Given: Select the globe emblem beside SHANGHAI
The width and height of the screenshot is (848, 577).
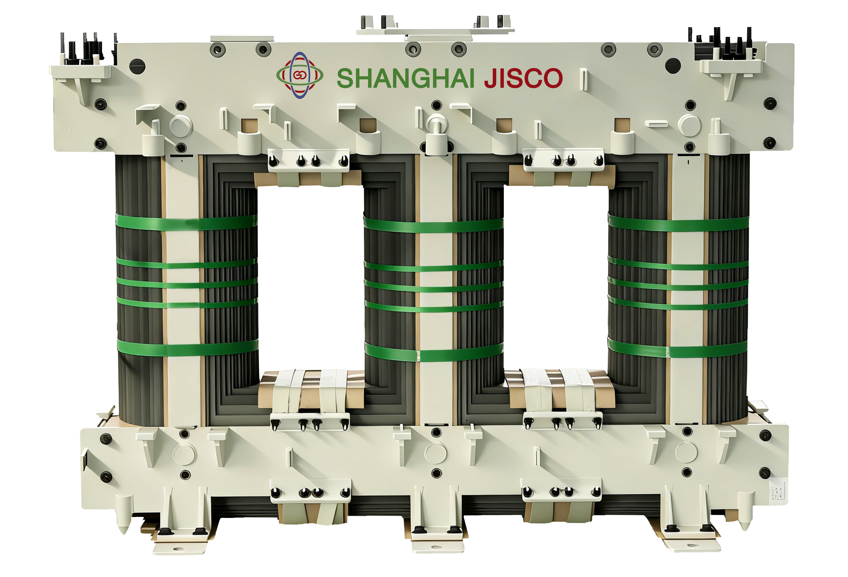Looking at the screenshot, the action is [299, 75].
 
